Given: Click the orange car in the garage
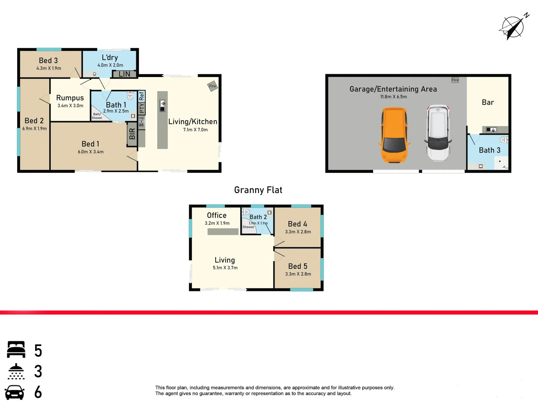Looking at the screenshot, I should pos(394,135).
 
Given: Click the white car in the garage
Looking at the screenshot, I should pos(438,132).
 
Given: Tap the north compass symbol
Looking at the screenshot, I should pos(513,27).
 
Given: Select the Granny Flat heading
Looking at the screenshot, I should pos(258,190).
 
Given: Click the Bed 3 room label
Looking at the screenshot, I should pos(48,61).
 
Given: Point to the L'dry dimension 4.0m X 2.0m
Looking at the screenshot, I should pos(110,65).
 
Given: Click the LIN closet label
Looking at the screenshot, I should pos(124,74).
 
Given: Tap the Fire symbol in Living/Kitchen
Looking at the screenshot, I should pos(213,86).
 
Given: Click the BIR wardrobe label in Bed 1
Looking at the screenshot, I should pos(132,134).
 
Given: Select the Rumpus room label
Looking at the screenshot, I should pos(70,98).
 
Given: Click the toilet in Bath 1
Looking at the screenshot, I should pos(130,96).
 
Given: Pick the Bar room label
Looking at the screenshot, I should pos(488,102).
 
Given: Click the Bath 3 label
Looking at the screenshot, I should pos(489,150).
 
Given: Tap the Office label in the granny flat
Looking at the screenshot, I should pos(217,215).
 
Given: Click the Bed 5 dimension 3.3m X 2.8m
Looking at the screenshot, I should pos(298,274).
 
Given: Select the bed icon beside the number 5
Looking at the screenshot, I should pos(16,350).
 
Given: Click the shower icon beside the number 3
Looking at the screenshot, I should pos(16,371).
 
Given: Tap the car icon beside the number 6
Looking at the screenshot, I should pos(15,392).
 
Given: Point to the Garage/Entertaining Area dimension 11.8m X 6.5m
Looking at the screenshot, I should pos(393,97).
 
